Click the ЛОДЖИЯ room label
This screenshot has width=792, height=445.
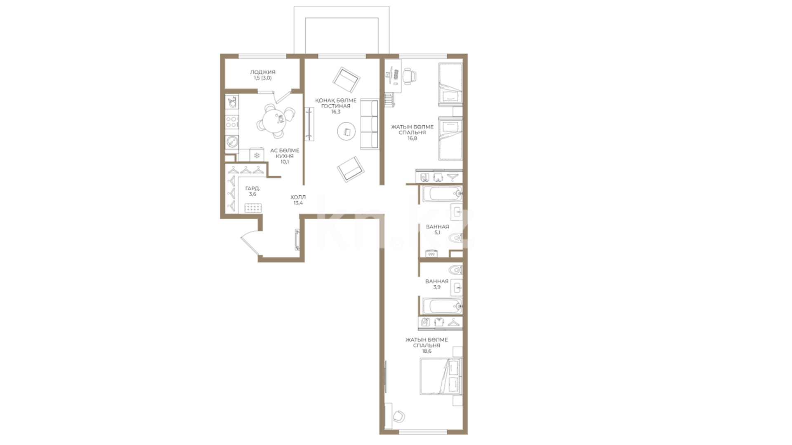pos(262,72)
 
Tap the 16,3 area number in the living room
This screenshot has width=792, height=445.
pos(336,112)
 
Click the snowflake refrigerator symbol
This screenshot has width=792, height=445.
pos(257,155)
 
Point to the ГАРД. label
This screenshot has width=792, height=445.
pos(252,188)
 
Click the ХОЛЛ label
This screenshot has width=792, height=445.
pos(298,197)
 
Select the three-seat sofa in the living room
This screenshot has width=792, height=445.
pos(369,125)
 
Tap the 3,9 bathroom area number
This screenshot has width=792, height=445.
pos(437,287)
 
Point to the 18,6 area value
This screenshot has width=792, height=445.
pos(427,351)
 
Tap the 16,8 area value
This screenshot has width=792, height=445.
pos(412,138)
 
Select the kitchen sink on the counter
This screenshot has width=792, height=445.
pos(232,143)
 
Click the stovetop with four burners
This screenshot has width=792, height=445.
pos(232,122)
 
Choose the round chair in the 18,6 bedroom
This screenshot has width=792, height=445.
pos(399,416)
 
